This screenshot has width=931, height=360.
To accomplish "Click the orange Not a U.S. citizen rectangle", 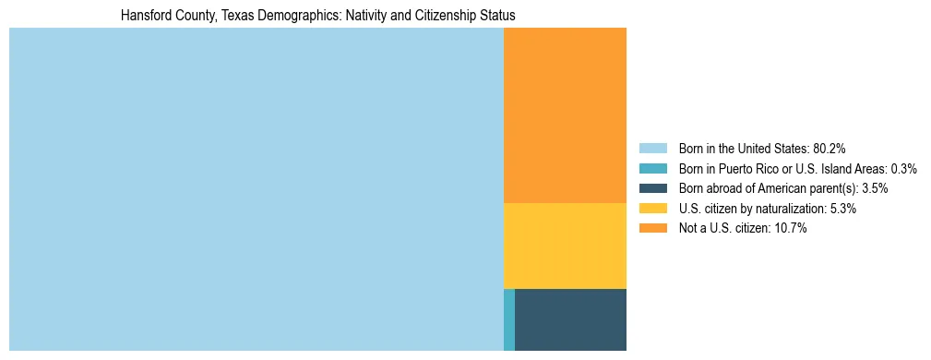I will pos(565,115).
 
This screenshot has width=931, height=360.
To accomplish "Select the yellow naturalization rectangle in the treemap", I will pos(565,246).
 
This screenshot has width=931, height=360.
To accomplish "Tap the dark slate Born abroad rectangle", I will pos(570,319).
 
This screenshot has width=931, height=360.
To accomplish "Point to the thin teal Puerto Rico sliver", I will pos(509,319).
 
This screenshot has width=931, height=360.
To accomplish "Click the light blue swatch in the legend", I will pos(652,149).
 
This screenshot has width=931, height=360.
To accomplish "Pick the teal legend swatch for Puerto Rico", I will pos(652,168).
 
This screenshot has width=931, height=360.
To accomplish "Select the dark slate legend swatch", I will pos(652,188).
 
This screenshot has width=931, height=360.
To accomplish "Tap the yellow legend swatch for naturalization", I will pos(652,209).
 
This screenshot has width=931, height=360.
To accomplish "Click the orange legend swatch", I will pos(652,228).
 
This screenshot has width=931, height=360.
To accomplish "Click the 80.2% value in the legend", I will pos(830,149).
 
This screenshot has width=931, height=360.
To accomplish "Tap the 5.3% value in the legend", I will pos(843,209).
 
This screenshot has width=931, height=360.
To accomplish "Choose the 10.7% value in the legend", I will pos(790,228).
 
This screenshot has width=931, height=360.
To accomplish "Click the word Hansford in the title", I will pos(146,16).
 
